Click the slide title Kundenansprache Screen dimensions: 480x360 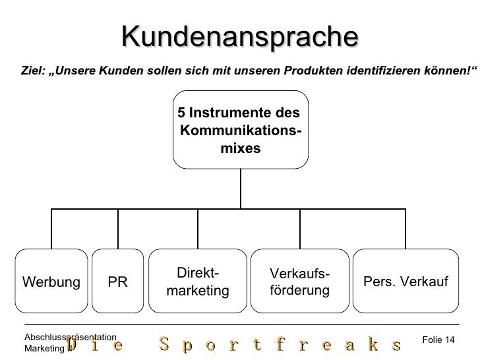(239, 36)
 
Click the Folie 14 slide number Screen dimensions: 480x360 (438, 339)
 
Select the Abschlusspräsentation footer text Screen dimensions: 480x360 (70, 337)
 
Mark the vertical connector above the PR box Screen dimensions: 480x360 (117, 229)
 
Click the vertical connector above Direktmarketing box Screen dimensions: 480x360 (198, 229)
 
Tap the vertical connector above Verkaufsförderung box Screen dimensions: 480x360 (300, 229)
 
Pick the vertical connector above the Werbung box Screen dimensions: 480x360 (51, 229)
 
